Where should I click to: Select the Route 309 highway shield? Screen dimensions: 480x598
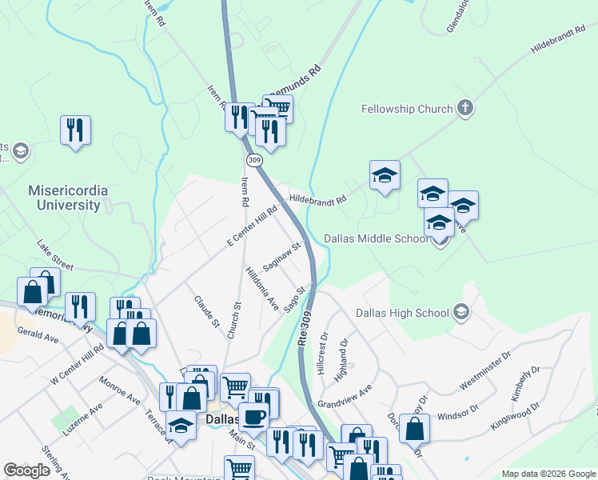(x=254, y=161)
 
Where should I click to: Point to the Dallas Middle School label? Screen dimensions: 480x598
(x=377, y=238)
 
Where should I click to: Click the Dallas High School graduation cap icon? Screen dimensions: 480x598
(x=460, y=312)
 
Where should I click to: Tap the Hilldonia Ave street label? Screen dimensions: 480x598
(x=261, y=289)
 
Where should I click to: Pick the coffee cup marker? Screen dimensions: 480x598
(x=253, y=416)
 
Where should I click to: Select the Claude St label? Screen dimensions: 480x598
(x=207, y=311)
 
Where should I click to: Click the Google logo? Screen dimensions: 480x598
(x=26, y=470)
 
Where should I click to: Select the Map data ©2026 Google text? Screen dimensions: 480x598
(x=548, y=474)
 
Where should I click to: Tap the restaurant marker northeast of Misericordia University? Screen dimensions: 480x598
(x=75, y=130)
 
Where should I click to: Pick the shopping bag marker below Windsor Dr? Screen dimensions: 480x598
(x=414, y=428)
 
